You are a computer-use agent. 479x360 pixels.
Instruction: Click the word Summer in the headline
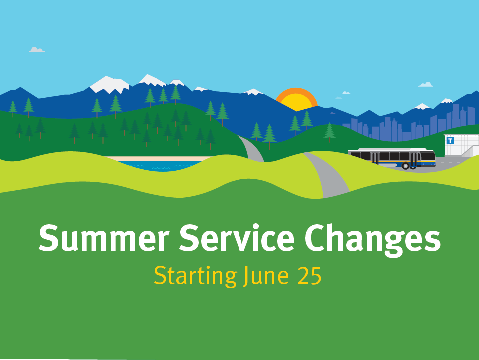tap(104, 238)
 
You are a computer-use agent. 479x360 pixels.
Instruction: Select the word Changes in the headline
tap(373, 240)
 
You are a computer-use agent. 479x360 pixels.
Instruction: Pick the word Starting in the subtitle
tap(195, 276)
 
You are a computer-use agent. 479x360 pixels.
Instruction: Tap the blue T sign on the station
tap(450, 141)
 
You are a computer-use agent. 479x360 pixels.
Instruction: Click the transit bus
tap(392, 159)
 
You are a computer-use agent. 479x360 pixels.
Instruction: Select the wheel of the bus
tap(405, 166)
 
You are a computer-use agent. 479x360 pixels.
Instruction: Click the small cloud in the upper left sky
tap(37, 50)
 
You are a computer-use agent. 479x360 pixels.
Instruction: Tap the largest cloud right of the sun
tap(425, 85)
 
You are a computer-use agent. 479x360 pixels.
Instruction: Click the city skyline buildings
tap(409, 125)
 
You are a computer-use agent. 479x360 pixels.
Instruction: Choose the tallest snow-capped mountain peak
tap(152, 80)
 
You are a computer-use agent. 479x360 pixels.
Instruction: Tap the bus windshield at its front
tap(428, 156)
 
